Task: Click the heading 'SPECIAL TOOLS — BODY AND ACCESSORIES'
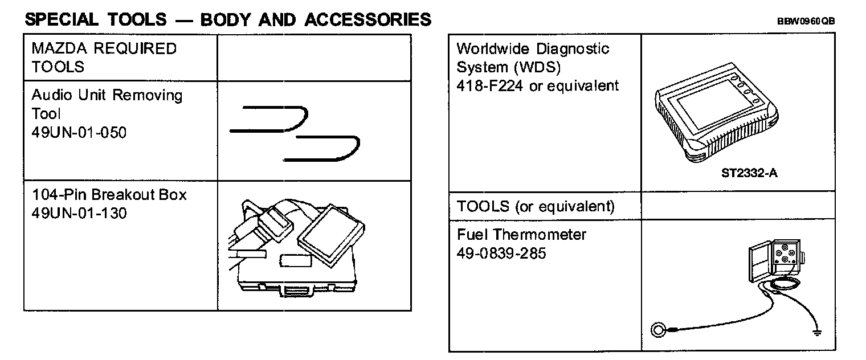coord(228,20)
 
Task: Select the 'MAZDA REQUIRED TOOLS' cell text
coord(104,58)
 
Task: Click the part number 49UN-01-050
coord(79,133)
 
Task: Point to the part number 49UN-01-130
coord(79,213)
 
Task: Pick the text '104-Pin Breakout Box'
coord(109,195)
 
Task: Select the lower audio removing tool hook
coord(322,149)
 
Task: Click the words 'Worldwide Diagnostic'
coord(533,49)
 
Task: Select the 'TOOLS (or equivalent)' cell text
coord(536,206)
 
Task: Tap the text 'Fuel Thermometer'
coord(521,235)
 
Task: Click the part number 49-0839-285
coord(501,253)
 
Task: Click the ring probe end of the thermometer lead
coord(659,329)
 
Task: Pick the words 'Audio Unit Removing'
coord(107,95)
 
